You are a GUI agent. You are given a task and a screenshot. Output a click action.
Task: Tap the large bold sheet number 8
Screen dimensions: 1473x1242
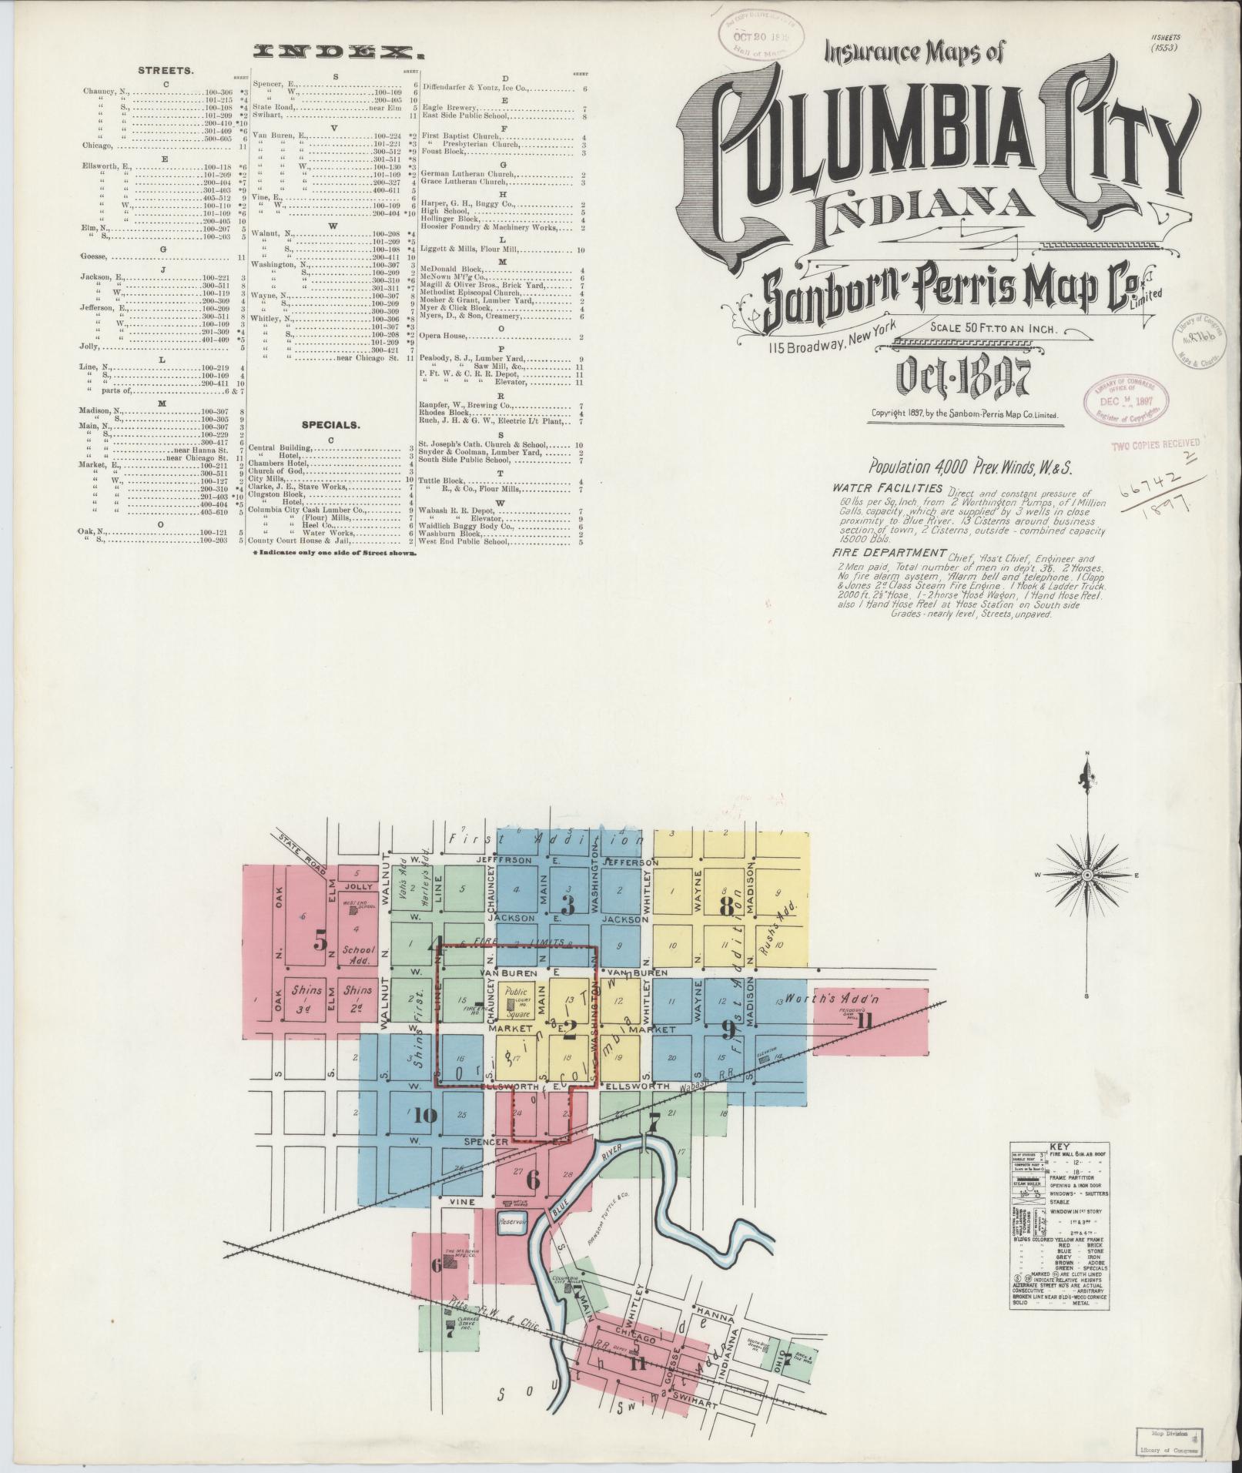pos(725,907)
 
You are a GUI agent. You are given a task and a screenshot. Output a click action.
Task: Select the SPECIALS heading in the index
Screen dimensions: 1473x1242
pos(331,424)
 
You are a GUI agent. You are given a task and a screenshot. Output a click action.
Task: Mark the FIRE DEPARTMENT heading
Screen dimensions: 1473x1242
pos(889,553)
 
